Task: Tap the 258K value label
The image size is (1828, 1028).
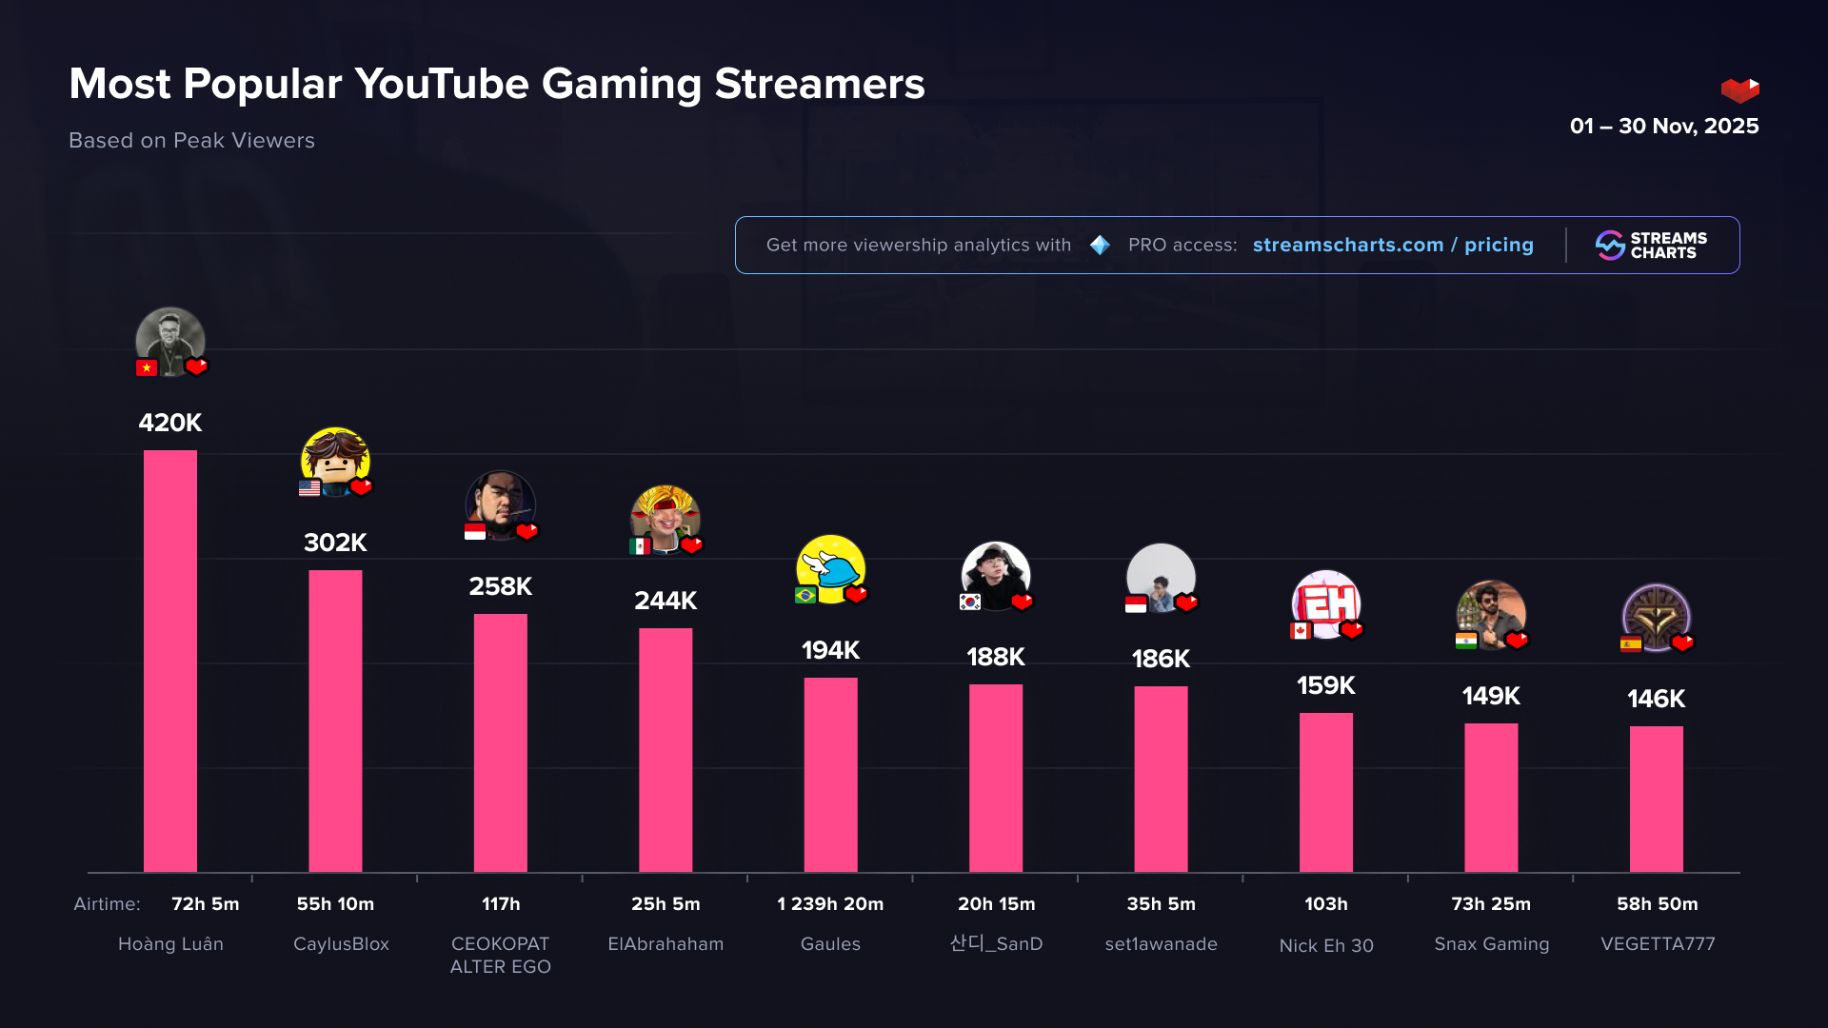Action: point(500,586)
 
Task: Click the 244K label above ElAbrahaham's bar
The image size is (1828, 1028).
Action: point(666,601)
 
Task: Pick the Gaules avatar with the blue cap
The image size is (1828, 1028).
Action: point(830,569)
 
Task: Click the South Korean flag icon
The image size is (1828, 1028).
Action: point(970,602)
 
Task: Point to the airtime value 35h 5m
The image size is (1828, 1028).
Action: point(1161,904)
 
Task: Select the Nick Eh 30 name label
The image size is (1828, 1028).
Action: point(1325,945)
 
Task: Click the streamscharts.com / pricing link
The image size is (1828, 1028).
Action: point(1393,245)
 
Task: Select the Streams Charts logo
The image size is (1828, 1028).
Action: point(1651,246)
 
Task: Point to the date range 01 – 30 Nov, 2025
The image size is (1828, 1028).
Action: point(1663,126)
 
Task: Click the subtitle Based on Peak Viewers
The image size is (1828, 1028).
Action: point(191,140)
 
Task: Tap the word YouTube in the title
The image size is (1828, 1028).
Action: point(442,84)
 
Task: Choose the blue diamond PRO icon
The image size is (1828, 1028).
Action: point(1100,246)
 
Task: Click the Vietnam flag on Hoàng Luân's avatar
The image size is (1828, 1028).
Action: point(147,367)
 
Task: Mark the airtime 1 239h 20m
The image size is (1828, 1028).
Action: point(830,904)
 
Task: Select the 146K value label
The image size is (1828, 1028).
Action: point(1656,699)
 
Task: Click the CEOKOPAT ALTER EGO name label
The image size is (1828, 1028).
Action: point(500,955)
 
